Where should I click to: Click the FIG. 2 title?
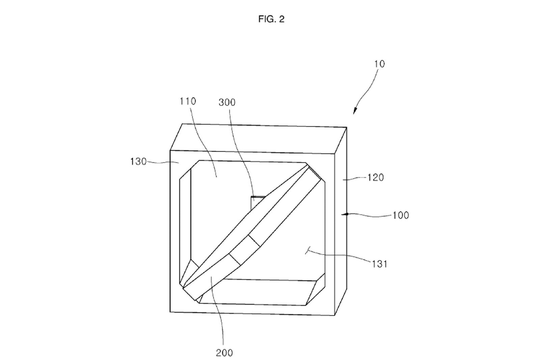[x=271, y=19]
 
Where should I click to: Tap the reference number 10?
[x=379, y=64]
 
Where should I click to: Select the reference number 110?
[x=188, y=101]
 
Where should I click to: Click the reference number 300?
[x=227, y=103]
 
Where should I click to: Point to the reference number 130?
[x=138, y=162]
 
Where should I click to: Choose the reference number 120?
[x=375, y=178]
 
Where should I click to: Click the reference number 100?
[x=401, y=215]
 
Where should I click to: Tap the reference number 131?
[x=380, y=264]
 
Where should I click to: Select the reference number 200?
[x=224, y=353]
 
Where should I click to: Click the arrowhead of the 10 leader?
[x=354, y=111]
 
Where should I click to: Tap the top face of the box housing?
[x=258, y=139]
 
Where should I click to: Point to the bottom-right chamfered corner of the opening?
[x=316, y=289]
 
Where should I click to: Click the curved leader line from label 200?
[x=218, y=311]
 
